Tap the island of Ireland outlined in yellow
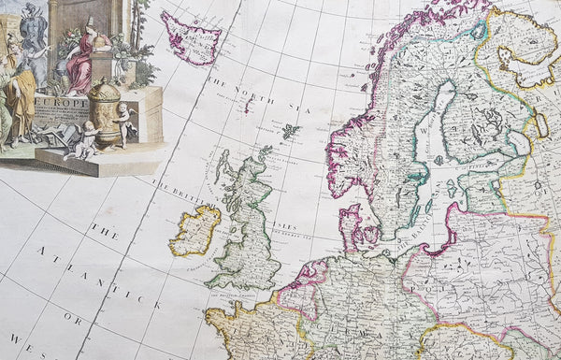pyautogui.click(x=194, y=231)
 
